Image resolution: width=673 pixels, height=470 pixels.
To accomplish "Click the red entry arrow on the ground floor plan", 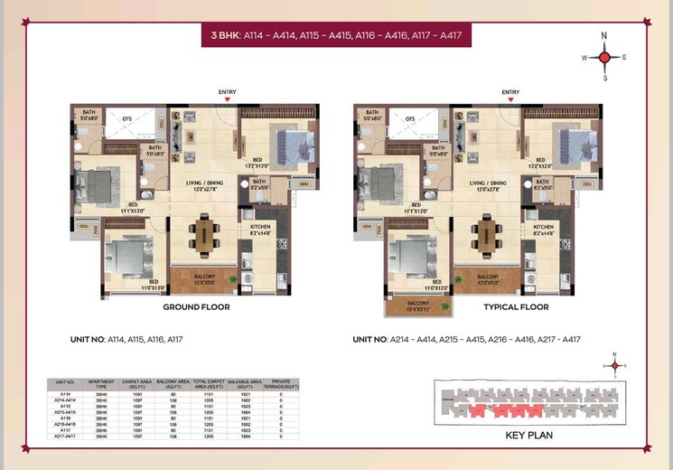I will (228, 99).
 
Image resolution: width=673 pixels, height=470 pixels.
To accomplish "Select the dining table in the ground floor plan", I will (204, 237).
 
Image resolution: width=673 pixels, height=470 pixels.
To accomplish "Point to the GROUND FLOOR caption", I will (195, 307).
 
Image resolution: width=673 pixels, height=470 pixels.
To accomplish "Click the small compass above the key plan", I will (614, 365).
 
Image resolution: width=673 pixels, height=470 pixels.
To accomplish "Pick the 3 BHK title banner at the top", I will (336, 37).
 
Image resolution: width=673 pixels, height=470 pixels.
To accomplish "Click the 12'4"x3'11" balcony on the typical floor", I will (418, 306).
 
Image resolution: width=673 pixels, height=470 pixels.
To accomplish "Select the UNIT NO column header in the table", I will (65, 383).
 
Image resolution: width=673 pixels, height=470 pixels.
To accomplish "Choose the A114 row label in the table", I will (65, 394).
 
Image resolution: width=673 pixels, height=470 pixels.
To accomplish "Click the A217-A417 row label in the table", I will (65, 437).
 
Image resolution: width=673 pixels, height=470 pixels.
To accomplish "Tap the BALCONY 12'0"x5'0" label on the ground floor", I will (204, 279).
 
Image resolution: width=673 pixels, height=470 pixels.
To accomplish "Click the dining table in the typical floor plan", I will (487, 237).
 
